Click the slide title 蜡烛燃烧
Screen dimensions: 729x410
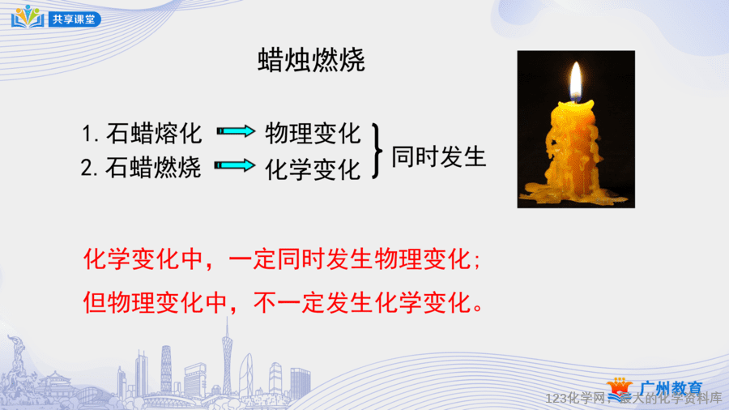click(311, 60)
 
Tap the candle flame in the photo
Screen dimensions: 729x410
click(576, 81)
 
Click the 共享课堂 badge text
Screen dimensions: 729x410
click(74, 19)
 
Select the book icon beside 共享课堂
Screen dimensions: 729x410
click(28, 17)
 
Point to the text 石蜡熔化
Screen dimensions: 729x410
click(154, 134)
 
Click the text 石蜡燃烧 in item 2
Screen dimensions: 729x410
click(153, 167)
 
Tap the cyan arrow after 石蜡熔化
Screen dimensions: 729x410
click(236, 131)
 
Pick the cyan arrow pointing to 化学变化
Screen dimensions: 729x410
click(235, 165)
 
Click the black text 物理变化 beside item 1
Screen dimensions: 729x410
click(313, 134)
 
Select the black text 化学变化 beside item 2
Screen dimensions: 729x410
click(313, 169)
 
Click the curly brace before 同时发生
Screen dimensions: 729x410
click(377, 151)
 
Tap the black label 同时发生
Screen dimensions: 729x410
click(438, 156)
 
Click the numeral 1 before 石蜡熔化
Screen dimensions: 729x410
click(87, 134)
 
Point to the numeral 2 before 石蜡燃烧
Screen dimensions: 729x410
click(86, 168)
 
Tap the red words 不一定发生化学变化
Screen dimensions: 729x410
click(362, 302)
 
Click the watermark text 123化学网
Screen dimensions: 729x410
click(574, 399)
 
